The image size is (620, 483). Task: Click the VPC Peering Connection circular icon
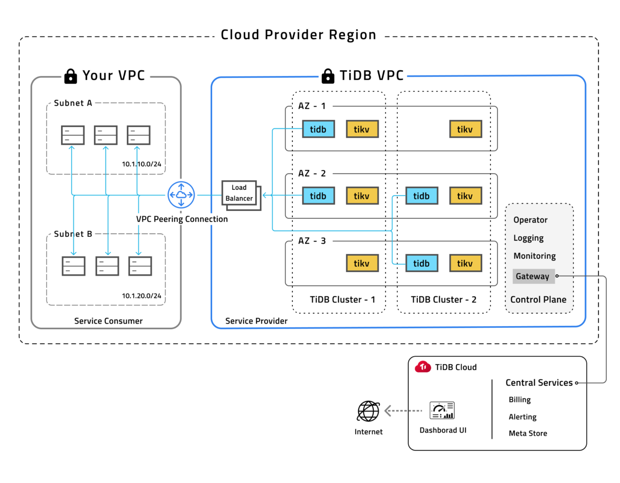[181, 195]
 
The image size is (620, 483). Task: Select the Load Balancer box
[239, 193]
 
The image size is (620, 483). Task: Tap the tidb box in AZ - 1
[318, 129]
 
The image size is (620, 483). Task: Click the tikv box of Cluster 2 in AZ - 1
[465, 129]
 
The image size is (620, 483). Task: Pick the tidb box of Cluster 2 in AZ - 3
[422, 263]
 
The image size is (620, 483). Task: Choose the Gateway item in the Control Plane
[533, 276]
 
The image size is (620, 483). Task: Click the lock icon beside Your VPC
[71, 76]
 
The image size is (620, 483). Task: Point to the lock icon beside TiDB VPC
[328, 76]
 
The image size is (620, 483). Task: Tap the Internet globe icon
[368, 411]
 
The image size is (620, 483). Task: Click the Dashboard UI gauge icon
[442, 411]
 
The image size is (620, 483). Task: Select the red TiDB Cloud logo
[423, 367]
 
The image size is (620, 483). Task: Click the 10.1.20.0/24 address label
[141, 296]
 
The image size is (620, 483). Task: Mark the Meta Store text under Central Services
[528, 433]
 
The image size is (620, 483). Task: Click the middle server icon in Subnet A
[106, 135]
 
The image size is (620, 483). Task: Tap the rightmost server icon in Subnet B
[140, 266]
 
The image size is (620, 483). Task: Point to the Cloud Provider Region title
[298, 34]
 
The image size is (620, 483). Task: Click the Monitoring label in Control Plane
[534, 256]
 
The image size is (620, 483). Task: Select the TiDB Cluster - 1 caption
[342, 300]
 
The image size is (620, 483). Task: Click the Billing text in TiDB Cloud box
[520, 400]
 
